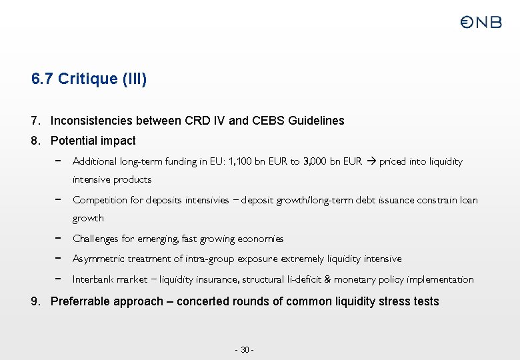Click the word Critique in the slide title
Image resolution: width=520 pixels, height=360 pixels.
(x=88, y=79)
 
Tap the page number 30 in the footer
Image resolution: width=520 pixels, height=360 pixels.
(x=245, y=350)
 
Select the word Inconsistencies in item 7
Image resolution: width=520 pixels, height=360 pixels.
(x=91, y=121)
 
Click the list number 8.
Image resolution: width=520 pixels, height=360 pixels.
(x=35, y=141)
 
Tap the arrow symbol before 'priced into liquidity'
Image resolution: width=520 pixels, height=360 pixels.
(x=372, y=161)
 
